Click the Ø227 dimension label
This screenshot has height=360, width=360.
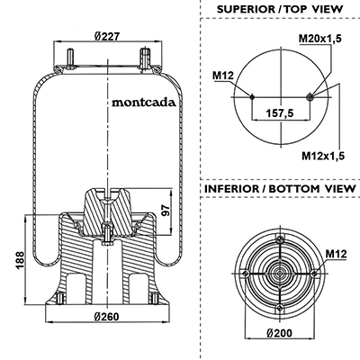[x=107, y=36]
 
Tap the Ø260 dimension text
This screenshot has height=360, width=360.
[x=106, y=317]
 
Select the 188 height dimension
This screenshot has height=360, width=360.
[x=20, y=260]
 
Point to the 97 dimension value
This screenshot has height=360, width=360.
[x=166, y=211]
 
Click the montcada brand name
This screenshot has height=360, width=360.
[x=144, y=103]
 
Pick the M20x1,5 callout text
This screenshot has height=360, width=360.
[x=320, y=38]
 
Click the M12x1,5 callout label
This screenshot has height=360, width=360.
[x=323, y=156]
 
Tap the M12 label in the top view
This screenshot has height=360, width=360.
[x=223, y=76]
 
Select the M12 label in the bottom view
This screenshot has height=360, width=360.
[x=336, y=254]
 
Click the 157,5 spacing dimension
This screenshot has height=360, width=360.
[x=280, y=112]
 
